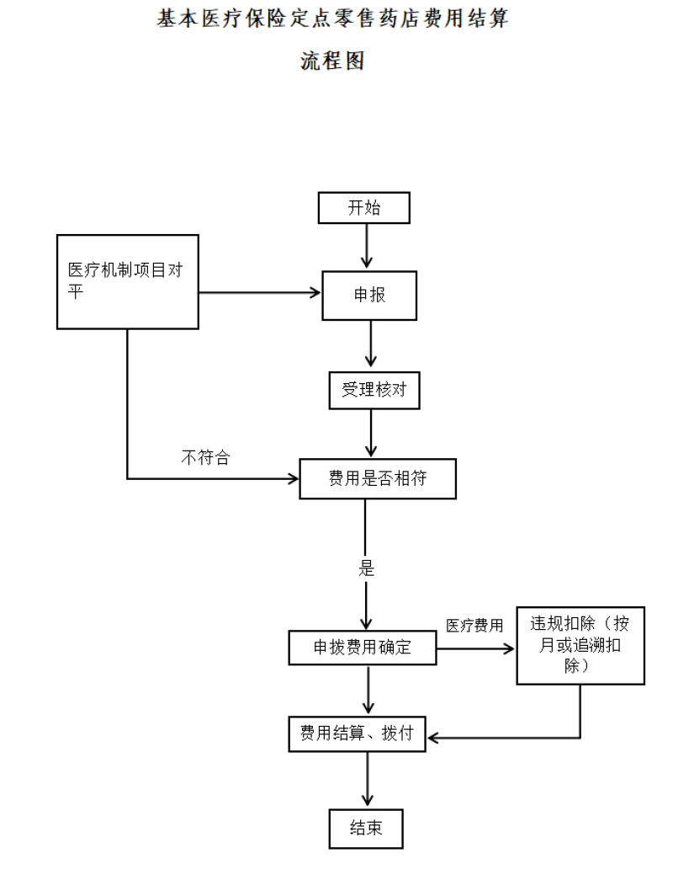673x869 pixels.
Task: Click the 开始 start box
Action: coord(363,208)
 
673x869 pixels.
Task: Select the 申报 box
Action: coord(369,296)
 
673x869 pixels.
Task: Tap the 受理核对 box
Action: coord(374,390)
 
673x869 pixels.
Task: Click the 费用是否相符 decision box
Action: coord(378,478)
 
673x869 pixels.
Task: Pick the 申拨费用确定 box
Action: coord(362,648)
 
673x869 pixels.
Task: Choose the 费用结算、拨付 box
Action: coord(357,733)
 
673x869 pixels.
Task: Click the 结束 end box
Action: coord(366,829)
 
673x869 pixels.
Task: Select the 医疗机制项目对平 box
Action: coord(128,281)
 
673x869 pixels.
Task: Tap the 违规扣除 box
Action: coord(580,646)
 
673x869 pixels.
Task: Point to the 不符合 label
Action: coord(205,457)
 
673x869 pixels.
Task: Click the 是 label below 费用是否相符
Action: coord(367,568)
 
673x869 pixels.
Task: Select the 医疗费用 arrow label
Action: coord(474,626)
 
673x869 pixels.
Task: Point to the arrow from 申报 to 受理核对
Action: coord(371,344)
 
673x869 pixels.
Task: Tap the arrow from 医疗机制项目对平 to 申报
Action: coord(260,293)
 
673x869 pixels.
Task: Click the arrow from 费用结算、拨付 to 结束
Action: coord(367,779)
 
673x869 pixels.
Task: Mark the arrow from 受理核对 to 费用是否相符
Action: coord(371,434)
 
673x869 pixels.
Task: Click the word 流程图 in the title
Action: coord(332,61)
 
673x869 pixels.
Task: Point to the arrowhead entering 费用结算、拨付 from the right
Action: coord(432,738)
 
